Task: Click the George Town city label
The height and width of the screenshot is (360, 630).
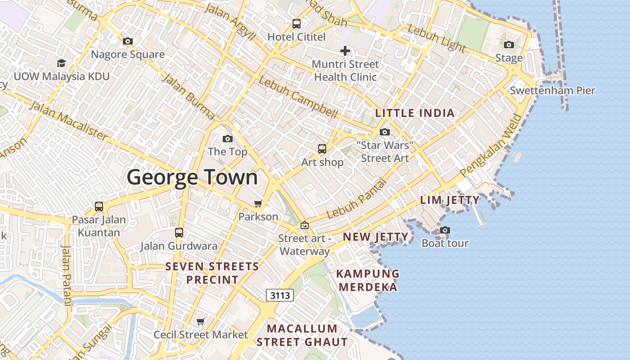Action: [192, 177]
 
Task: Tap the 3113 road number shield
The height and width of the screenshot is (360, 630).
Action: [280, 295]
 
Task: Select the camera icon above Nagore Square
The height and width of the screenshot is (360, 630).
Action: [128, 41]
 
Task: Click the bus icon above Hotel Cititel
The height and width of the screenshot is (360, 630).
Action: [296, 24]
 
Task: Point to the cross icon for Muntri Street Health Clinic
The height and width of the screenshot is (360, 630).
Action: [345, 51]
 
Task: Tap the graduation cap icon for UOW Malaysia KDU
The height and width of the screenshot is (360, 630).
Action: [61, 63]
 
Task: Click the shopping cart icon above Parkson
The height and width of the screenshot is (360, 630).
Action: [258, 204]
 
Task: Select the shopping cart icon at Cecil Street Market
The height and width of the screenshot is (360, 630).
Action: [201, 322]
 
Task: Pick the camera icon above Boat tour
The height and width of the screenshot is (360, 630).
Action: [445, 230]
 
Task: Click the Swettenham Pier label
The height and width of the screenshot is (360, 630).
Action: [552, 90]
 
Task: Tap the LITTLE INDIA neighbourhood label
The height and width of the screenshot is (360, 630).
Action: [415, 113]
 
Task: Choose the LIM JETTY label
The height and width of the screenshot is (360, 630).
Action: [450, 200]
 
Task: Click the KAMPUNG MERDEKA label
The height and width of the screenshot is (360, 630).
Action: [368, 280]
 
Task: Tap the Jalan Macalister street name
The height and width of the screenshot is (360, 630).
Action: [68, 120]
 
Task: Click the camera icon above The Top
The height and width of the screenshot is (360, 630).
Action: [228, 139]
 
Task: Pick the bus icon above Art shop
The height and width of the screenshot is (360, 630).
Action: [322, 149]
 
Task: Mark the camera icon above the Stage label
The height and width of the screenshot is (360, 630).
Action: [509, 45]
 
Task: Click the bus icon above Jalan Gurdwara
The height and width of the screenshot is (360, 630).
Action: [179, 233]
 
